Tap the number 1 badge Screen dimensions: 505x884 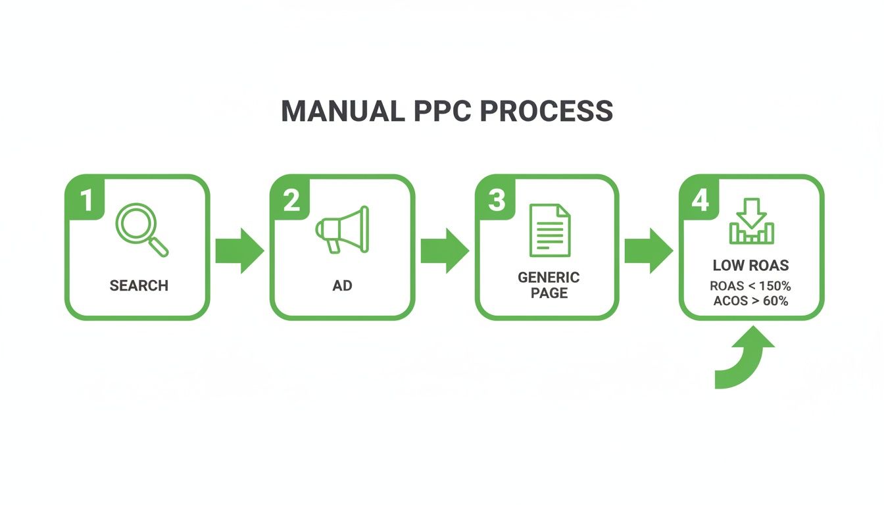click(86, 200)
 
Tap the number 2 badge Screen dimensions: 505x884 click(291, 200)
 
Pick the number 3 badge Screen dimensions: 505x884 click(496, 200)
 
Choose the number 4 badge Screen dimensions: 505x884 click(700, 200)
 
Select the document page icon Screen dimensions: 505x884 click(550, 230)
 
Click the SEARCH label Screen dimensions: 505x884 click(139, 285)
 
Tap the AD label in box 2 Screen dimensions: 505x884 click(342, 285)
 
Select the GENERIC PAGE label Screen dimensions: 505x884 click(549, 285)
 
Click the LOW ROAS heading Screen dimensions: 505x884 click(750, 266)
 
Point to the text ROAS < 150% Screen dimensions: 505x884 click(750, 286)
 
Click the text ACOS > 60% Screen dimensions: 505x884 click(750, 301)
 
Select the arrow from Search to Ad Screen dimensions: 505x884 click(239, 251)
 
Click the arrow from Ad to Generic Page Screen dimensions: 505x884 click(445, 251)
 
